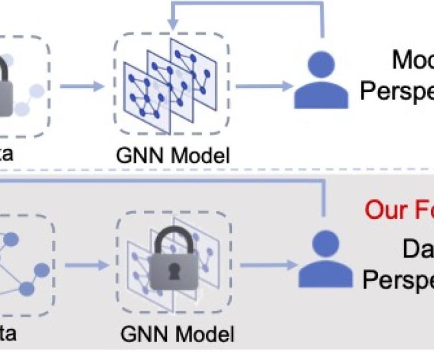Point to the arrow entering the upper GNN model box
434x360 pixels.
tap(83, 87)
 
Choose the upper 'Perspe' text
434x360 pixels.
tap(396, 91)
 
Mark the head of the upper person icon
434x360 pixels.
tap(322, 64)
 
